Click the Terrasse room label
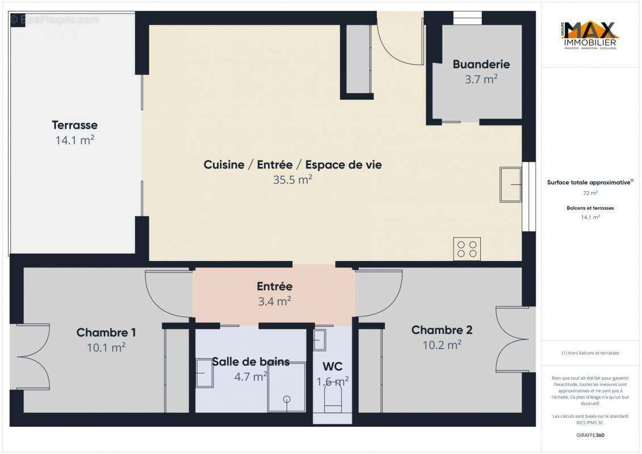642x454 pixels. [74, 125]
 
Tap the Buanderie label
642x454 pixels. [481, 64]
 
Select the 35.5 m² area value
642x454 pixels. [292, 180]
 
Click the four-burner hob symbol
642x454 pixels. [467, 249]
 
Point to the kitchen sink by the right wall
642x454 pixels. [510, 184]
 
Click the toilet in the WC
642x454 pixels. [333, 399]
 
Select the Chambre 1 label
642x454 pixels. [106, 333]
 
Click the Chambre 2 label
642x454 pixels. [442, 330]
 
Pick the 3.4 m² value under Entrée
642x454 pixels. [274, 301]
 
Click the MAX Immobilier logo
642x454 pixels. [590, 36]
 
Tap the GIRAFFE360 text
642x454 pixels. [590, 436]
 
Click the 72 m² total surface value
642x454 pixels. [590, 193]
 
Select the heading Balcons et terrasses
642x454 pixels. [590, 208]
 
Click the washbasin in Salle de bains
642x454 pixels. [204, 373]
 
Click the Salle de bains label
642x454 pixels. [250, 361]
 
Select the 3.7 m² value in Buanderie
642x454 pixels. [481, 79]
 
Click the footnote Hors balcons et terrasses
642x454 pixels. [590, 353]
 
